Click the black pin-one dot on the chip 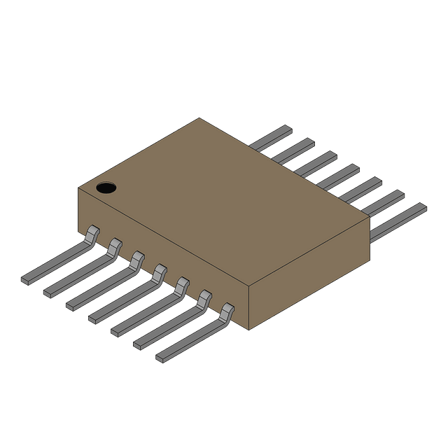click(106, 187)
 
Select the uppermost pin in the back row click(272, 139)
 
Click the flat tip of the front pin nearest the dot click(27, 279)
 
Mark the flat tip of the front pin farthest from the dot click(161, 358)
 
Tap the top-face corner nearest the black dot click(79, 186)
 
